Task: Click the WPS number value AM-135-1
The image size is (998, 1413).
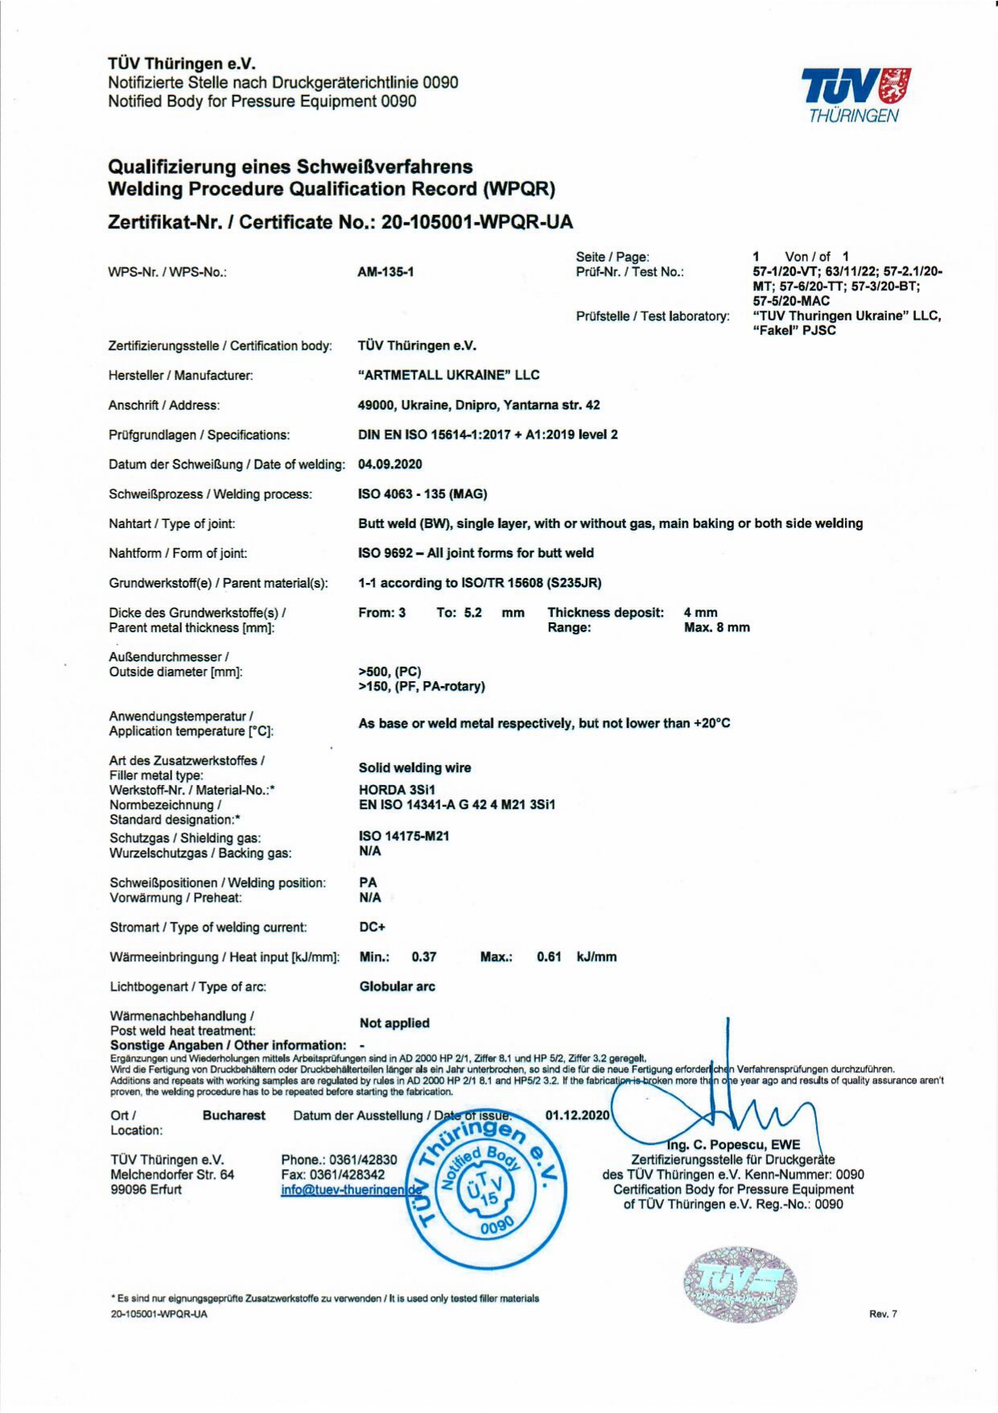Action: (x=386, y=272)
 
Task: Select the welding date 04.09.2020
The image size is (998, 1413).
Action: (x=390, y=465)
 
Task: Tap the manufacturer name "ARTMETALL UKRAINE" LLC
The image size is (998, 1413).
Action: (x=448, y=375)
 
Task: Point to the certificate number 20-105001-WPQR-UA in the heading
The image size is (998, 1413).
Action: (x=477, y=222)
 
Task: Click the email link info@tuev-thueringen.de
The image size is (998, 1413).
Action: (x=352, y=1190)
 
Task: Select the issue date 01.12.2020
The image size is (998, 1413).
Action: (x=577, y=1115)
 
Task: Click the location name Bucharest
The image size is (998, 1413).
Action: (x=234, y=1115)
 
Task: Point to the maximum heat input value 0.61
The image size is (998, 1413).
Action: (x=549, y=957)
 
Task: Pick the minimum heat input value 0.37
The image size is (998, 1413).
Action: (x=423, y=957)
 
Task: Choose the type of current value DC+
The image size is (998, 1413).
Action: (x=372, y=928)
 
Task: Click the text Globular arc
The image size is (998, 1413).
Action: (x=398, y=986)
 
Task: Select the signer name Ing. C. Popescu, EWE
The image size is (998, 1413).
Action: (x=733, y=1145)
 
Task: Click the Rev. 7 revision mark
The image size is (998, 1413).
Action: (x=883, y=1314)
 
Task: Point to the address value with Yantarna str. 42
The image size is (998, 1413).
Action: (x=479, y=405)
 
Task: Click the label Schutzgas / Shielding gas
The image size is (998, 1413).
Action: (x=185, y=838)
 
